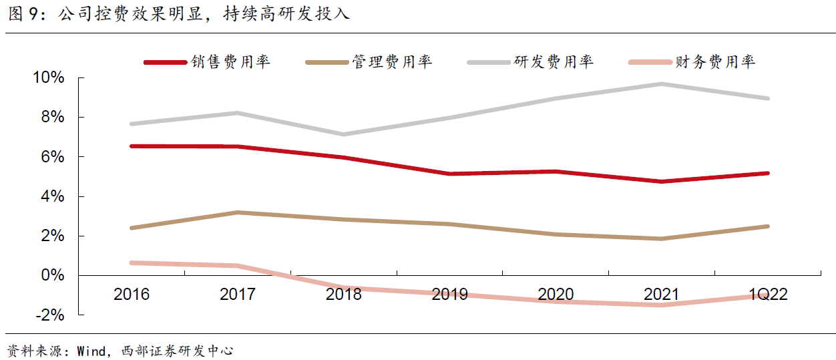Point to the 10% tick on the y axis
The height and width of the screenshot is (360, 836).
click(49, 77)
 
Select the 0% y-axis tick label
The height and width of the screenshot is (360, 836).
click(53, 276)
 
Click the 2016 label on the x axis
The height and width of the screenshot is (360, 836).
click(132, 295)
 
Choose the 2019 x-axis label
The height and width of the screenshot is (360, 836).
click(449, 295)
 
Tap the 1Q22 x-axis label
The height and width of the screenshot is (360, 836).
click(768, 295)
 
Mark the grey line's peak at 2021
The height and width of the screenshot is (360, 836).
click(662, 84)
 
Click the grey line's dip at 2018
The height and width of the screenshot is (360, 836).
click(343, 134)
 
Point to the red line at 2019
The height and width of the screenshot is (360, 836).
click(449, 174)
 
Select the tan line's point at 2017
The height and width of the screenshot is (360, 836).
click(237, 212)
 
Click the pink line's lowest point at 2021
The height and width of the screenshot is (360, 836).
click(662, 305)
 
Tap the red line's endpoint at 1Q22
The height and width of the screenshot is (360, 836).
click(768, 173)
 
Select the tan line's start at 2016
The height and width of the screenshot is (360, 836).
click(132, 228)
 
